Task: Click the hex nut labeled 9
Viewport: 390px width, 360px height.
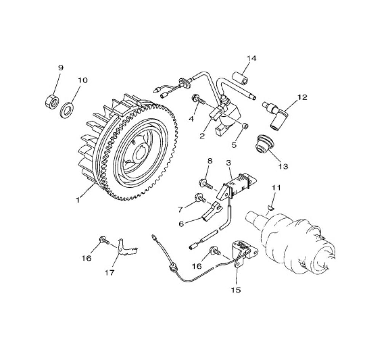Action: coord(52,101)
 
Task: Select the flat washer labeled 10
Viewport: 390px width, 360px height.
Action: coord(67,109)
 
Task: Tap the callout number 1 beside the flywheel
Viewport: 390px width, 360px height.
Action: coord(78,200)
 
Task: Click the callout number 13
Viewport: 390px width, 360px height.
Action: coord(283,166)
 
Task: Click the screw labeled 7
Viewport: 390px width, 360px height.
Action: coord(201,198)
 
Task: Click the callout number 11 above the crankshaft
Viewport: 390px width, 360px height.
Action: coord(276,187)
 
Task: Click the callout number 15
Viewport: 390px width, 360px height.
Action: coord(236,290)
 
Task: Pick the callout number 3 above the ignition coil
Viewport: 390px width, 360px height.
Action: coord(229,163)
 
